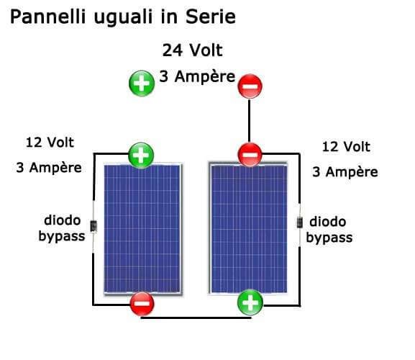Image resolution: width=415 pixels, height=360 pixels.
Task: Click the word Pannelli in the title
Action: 48,17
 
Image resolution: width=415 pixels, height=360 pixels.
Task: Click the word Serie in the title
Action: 211,17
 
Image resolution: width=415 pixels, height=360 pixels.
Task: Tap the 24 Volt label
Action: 193,50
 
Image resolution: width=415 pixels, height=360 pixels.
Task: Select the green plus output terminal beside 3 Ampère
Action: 142,84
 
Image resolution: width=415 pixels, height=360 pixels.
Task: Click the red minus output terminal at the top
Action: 250,86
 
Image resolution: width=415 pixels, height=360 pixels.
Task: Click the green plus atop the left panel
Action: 141,156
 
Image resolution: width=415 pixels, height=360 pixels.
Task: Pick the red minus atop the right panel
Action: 250,155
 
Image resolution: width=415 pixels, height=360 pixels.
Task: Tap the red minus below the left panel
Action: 142,304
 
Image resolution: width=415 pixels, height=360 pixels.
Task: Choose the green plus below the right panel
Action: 250,302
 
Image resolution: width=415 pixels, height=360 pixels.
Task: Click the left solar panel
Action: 142,229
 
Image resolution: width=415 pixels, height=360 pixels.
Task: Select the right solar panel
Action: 248,228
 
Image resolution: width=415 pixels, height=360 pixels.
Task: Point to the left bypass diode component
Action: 94,226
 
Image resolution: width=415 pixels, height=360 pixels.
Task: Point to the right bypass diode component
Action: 299,222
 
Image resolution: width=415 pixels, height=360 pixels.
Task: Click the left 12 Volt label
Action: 50,143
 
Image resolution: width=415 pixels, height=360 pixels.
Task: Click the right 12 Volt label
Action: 346,147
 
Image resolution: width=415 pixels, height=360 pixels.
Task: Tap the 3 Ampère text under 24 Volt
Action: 197,76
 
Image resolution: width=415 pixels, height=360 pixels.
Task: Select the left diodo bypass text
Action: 62,228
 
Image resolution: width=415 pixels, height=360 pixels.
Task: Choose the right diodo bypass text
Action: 329,230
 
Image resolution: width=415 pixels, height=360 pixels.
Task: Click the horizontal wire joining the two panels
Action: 196,318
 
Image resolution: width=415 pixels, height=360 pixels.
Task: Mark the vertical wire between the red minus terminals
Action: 250,121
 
